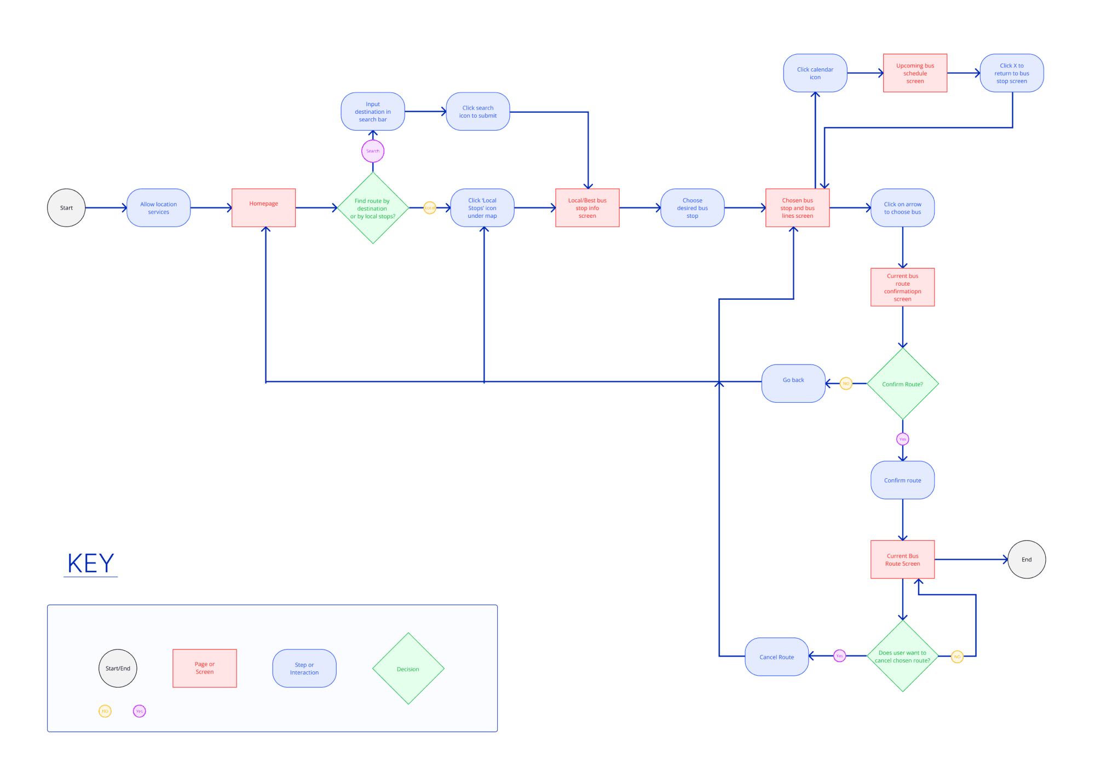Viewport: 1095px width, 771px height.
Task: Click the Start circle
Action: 66,208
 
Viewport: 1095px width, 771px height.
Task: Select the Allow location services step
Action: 158,208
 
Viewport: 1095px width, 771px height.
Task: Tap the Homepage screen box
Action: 263,208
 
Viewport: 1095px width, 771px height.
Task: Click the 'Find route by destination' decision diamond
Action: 373,208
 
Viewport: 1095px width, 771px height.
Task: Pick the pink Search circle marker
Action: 373,151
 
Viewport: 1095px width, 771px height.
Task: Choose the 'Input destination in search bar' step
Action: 373,112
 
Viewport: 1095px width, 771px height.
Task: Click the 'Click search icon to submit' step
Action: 478,112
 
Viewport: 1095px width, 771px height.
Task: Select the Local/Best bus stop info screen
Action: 587,208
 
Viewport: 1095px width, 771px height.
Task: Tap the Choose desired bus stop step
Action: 693,208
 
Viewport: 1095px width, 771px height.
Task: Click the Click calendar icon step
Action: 815,73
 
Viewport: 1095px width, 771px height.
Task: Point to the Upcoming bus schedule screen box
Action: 915,73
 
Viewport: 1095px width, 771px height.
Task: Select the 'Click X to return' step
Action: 1012,73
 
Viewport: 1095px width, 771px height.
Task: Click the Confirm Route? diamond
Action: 903,384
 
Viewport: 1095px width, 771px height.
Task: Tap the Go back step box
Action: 793,384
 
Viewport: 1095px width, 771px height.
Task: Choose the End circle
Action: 1027,559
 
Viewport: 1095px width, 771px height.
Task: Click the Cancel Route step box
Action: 776,657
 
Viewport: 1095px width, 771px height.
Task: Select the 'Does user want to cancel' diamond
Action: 903,656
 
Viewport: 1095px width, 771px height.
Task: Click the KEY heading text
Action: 91,563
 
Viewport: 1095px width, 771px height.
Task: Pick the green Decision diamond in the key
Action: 408,669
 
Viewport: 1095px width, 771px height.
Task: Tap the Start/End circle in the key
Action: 118,668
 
